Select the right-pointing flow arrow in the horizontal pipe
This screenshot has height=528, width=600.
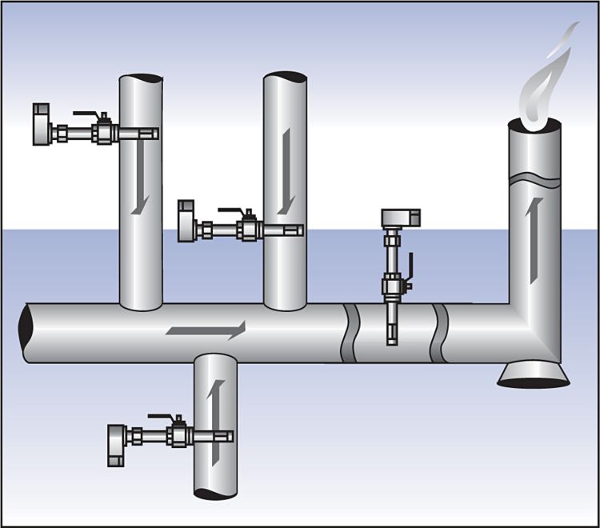point(205,329)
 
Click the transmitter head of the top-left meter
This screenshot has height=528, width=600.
point(42,124)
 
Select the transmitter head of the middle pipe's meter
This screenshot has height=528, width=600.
point(186,221)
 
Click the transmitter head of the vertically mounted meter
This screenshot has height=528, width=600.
point(400,217)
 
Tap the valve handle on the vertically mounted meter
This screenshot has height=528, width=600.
point(410,269)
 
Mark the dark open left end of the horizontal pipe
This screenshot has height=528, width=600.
point(28,333)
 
